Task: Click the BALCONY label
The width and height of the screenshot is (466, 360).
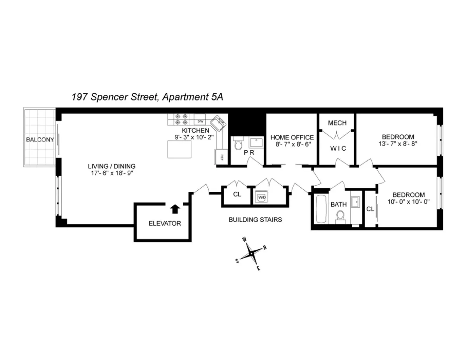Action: (x=40, y=139)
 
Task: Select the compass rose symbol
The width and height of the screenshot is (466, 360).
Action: (x=251, y=254)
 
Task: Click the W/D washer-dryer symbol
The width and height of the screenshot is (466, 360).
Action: (x=262, y=197)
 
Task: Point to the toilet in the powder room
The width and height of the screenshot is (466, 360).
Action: (x=238, y=145)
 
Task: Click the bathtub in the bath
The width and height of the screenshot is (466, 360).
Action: (x=320, y=209)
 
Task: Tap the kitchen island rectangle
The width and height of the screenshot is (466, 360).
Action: (x=179, y=150)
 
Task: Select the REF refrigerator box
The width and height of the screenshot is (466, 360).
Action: (x=221, y=157)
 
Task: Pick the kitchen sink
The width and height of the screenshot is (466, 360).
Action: (x=219, y=123)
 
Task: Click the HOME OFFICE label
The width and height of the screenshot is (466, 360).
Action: (x=292, y=137)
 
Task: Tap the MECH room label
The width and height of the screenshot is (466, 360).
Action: (x=337, y=123)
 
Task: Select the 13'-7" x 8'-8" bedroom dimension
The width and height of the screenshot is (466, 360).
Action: (x=398, y=143)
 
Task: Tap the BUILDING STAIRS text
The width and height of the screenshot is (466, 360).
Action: (x=255, y=220)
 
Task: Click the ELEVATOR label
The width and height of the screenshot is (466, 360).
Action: (x=165, y=223)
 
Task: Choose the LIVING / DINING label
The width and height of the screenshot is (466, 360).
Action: (x=111, y=166)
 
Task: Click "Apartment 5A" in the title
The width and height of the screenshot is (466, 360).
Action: (x=192, y=97)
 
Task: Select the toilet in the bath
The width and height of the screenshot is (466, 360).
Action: (x=341, y=216)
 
